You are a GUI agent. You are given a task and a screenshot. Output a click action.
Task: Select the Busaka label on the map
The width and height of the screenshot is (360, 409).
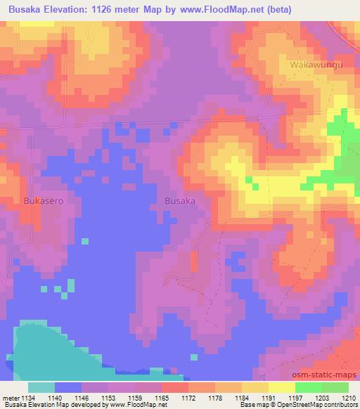pyautogui.click(x=179, y=200)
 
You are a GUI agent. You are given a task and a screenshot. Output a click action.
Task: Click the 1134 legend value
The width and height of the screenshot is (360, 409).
pyautogui.click(x=29, y=397)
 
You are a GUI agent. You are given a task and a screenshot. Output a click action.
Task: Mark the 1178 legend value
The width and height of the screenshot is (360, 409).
pyautogui.click(x=221, y=397)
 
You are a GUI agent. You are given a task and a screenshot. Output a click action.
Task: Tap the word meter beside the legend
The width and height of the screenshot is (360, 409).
pyautogui.click(x=11, y=397)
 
